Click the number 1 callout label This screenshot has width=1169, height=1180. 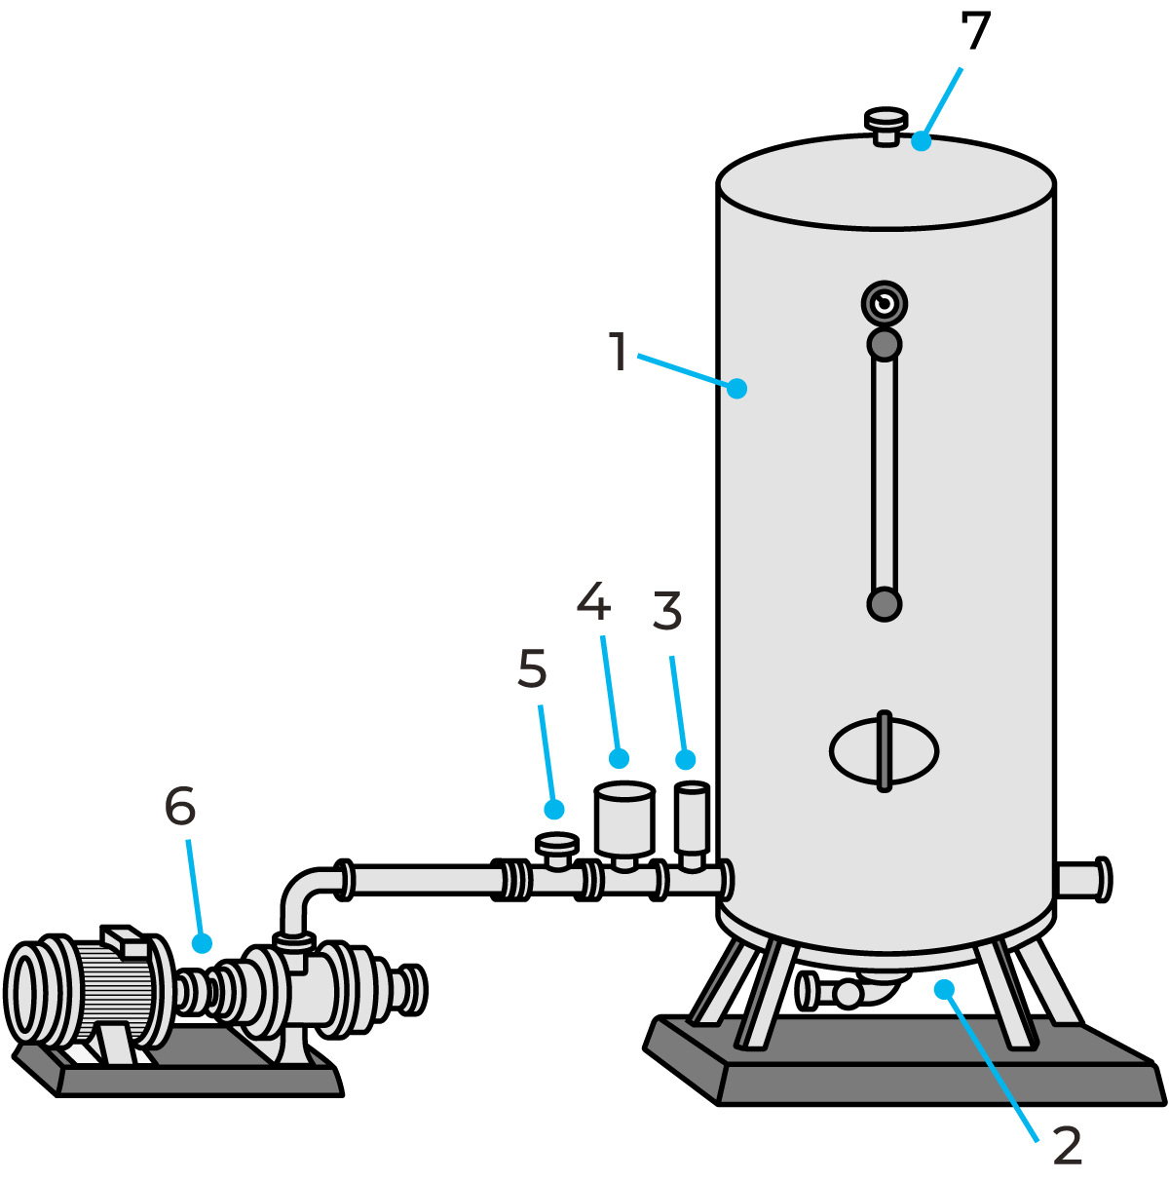point(618,352)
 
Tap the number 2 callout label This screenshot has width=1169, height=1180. point(1068,1146)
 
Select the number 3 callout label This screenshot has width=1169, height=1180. point(667,612)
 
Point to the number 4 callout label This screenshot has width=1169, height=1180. point(593,601)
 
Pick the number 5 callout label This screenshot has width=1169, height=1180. point(532,669)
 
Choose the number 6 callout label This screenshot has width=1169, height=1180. point(180,806)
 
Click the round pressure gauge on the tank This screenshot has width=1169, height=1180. point(884,304)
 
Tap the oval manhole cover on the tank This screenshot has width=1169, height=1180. point(884,751)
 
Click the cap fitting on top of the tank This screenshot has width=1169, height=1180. point(886,127)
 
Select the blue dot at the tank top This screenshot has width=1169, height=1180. point(921,142)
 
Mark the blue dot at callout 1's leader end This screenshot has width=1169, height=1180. point(737,388)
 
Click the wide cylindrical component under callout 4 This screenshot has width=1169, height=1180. point(624,820)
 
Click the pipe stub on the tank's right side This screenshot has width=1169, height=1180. point(1080,880)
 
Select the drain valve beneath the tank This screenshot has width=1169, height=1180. point(846,993)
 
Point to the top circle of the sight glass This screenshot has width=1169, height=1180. point(884,344)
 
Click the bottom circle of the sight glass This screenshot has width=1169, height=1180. point(884,604)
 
